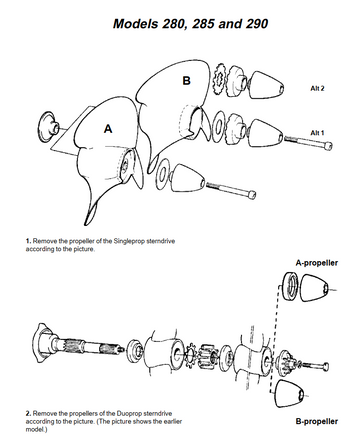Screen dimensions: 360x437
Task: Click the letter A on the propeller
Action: coord(108,129)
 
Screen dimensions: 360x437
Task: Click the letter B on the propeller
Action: coord(186,81)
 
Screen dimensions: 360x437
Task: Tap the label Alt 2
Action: coord(317,88)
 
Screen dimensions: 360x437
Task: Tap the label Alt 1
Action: coord(317,133)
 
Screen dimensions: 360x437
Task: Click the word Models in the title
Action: coord(135,24)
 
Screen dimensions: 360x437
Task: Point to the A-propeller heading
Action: coord(317,263)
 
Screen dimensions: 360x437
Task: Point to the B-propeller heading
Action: coord(317,421)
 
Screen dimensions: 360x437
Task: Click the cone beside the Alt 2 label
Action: coord(266,85)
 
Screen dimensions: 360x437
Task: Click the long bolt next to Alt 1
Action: coord(308,142)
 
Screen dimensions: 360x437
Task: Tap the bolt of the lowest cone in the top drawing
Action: coord(231,189)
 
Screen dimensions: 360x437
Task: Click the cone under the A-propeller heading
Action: coord(315,287)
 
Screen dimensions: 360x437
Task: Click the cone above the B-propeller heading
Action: coord(289,393)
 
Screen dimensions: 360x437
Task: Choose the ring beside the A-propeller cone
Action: coord(290,286)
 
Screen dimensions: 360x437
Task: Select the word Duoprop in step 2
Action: coord(129,414)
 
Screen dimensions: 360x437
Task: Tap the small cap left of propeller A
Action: coord(49,127)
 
